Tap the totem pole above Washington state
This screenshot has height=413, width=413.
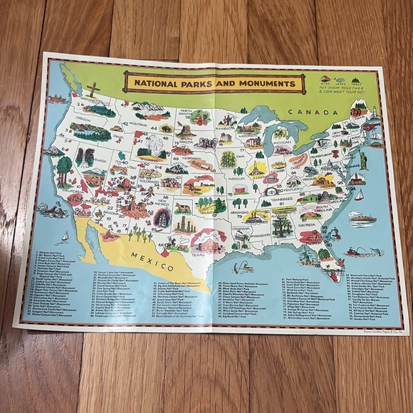(91, 93)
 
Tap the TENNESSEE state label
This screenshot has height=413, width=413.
(287, 202)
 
